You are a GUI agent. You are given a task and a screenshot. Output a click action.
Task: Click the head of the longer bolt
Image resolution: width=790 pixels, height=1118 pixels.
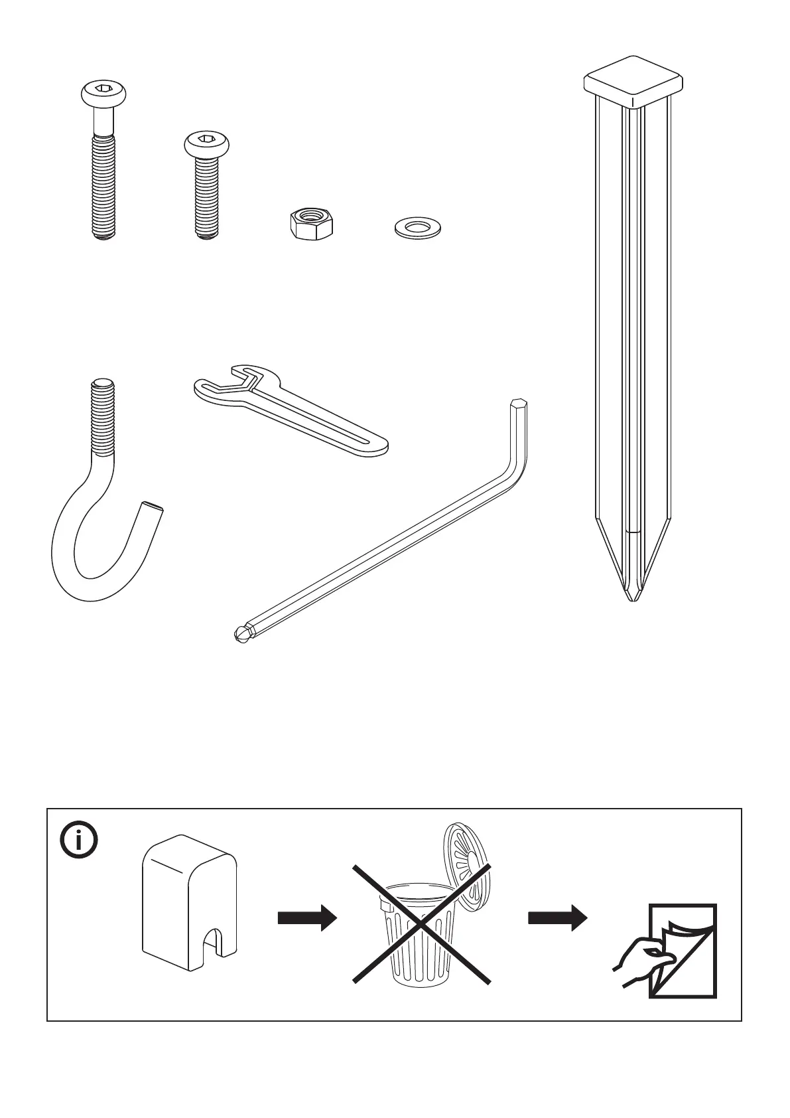(x=103, y=94)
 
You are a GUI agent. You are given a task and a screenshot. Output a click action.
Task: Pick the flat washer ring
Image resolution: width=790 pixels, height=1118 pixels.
(x=417, y=228)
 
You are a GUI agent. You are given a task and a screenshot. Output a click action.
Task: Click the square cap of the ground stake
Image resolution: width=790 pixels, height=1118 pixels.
(x=633, y=84)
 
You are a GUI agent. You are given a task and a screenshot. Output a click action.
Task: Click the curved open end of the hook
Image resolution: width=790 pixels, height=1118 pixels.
(x=151, y=511)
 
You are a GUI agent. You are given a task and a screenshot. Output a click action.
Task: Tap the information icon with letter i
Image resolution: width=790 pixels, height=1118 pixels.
(x=79, y=841)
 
